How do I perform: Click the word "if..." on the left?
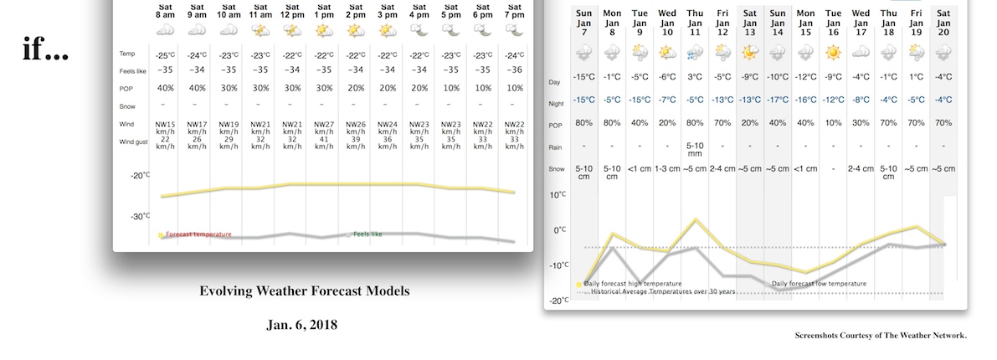point(45,51)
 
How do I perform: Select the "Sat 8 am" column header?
point(165,10)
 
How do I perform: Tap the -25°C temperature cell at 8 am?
point(165,55)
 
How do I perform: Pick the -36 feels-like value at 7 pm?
point(514,71)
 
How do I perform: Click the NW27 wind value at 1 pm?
point(324,124)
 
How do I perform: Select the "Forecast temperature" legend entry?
point(198,234)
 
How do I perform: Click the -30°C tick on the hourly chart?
point(139,216)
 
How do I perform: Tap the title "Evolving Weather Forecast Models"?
point(305,291)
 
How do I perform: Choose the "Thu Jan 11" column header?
point(694,19)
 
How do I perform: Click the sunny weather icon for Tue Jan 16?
point(832,52)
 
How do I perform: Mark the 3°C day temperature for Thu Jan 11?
point(694,77)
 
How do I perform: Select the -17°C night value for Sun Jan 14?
point(778,100)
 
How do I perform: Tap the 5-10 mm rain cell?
point(694,149)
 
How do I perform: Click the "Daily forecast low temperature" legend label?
point(818,284)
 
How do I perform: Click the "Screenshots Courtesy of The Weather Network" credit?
point(881,336)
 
